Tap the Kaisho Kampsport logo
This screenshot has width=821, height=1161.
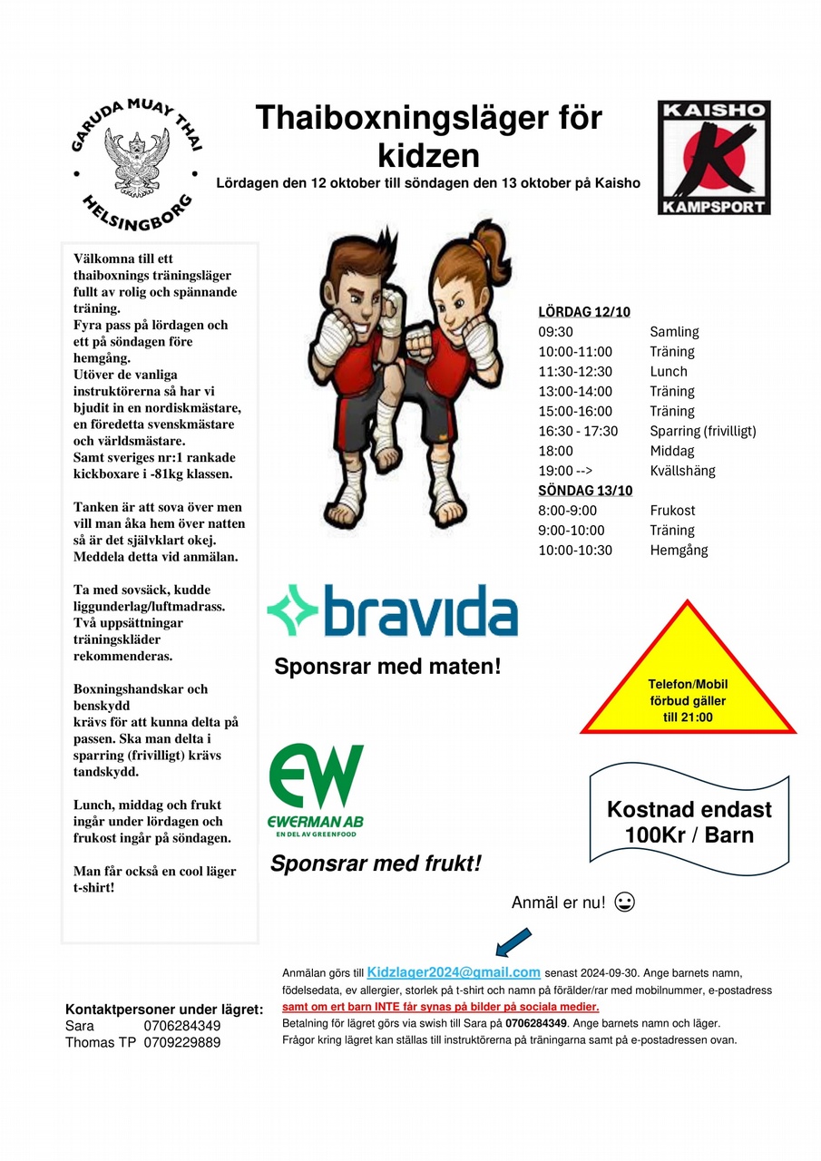[x=713, y=158]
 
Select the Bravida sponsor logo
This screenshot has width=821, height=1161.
[x=392, y=610]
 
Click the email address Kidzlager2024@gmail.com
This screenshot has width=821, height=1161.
[x=454, y=971]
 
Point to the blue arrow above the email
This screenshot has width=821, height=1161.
[x=513, y=941]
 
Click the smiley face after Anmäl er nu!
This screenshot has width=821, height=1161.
[x=624, y=902]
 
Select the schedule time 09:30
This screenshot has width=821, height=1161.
[x=555, y=332]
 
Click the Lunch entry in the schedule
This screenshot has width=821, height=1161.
[x=669, y=372]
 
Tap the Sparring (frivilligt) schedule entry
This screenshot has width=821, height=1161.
[x=702, y=431]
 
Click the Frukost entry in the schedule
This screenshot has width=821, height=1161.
[x=672, y=511]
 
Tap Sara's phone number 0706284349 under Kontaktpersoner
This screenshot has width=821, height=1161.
[x=181, y=1026]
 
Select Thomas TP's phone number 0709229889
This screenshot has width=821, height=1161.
[x=181, y=1042]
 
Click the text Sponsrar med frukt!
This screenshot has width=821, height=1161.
[x=376, y=863]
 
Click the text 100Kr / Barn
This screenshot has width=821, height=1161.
[x=689, y=834]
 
